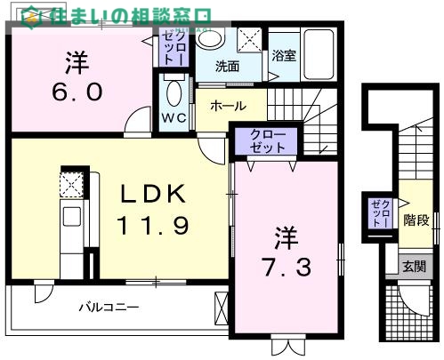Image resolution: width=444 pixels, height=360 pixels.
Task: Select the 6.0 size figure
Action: pyautogui.click(x=76, y=92)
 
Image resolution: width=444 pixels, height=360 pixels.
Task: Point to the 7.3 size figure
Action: pyautogui.click(x=286, y=266)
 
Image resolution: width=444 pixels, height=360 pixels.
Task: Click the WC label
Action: pyautogui.click(x=173, y=118)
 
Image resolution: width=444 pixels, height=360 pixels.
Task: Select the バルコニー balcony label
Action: pyautogui.click(x=107, y=308)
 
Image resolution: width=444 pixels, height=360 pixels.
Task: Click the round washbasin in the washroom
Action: pyautogui.click(x=211, y=39)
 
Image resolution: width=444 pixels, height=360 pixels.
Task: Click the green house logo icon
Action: pyautogui.click(x=31, y=16)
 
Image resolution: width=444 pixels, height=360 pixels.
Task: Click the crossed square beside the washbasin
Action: pyautogui.click(x=250, y=40)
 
